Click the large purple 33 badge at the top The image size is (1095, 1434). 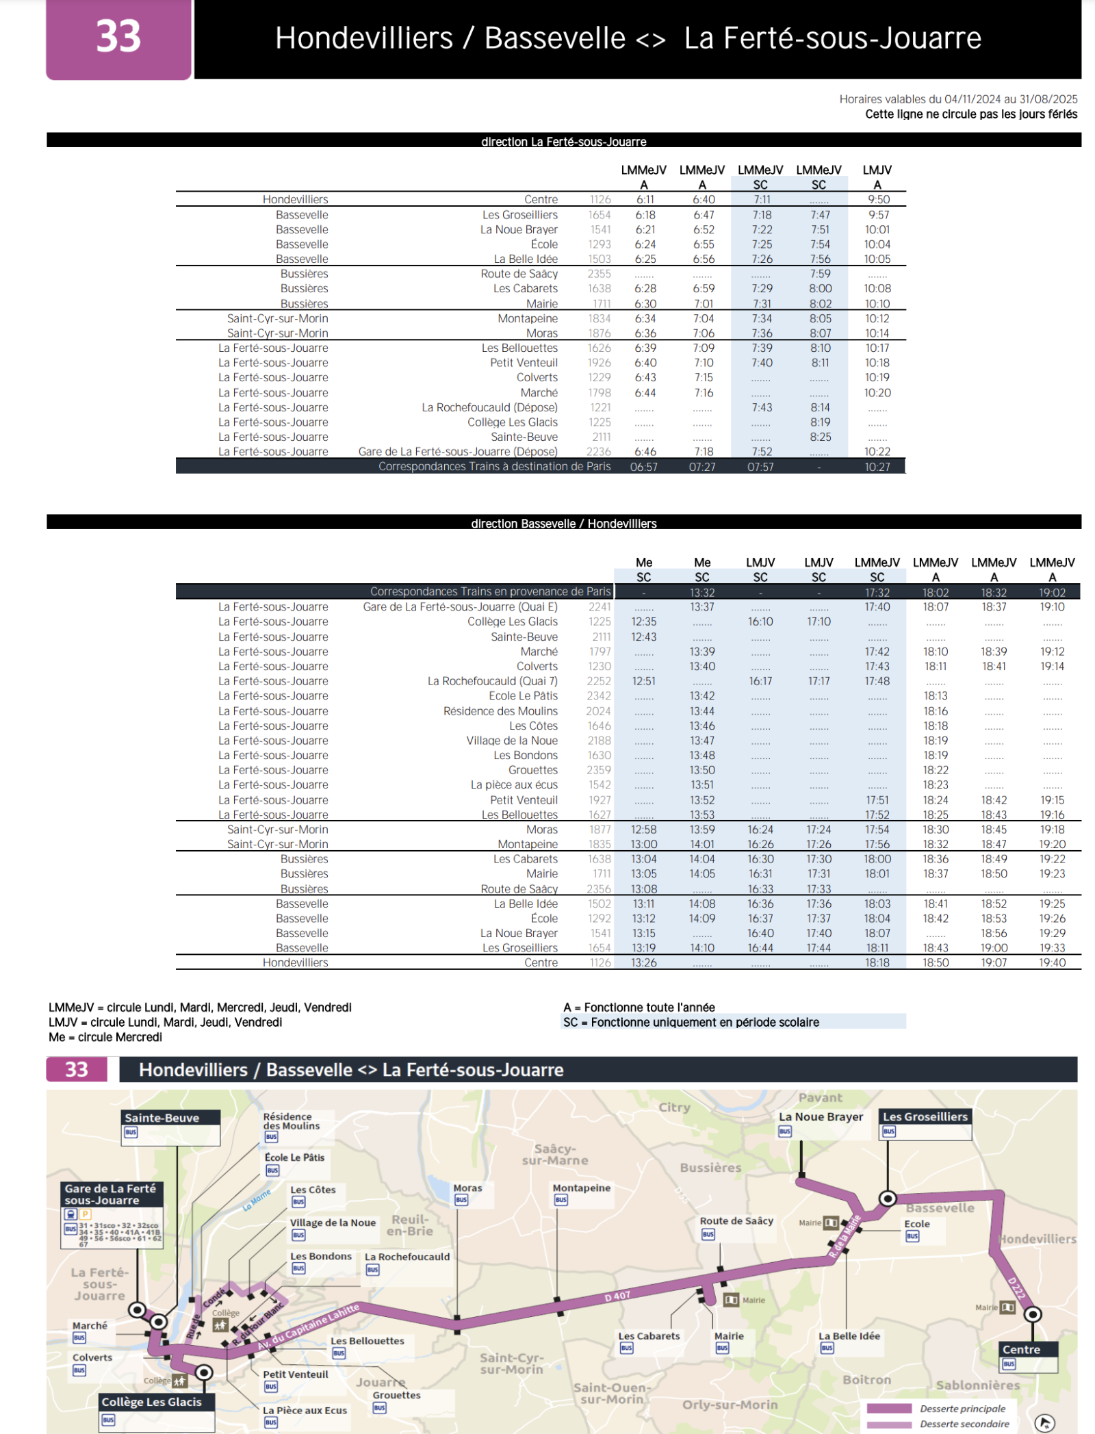(118, 38)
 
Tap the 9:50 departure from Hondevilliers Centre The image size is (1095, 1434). (878, 200)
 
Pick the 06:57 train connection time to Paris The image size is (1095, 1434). (643, 467)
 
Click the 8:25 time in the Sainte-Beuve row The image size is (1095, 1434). (820, 437)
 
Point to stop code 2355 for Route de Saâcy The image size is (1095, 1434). (599, 274)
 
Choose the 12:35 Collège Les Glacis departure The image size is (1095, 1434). (643, 622)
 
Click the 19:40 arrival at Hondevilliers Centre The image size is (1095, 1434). (1052, 962)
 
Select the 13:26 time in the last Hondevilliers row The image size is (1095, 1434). (643, 962)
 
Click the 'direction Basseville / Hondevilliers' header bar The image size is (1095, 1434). (563, 523)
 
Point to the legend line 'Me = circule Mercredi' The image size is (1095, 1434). (105, 1037)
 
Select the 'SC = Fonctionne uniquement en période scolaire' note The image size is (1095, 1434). (691, 1022)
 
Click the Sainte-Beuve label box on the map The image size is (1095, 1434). (162, 1118)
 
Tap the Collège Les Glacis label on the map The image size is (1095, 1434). (151, 1402)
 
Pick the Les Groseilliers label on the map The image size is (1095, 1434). (925, 1116)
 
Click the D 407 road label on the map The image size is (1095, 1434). (617, 1296)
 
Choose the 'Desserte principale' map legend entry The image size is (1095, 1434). (962, 1409)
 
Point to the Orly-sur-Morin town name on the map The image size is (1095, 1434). (730, 1405)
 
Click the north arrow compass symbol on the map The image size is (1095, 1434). (1044, 1423)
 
